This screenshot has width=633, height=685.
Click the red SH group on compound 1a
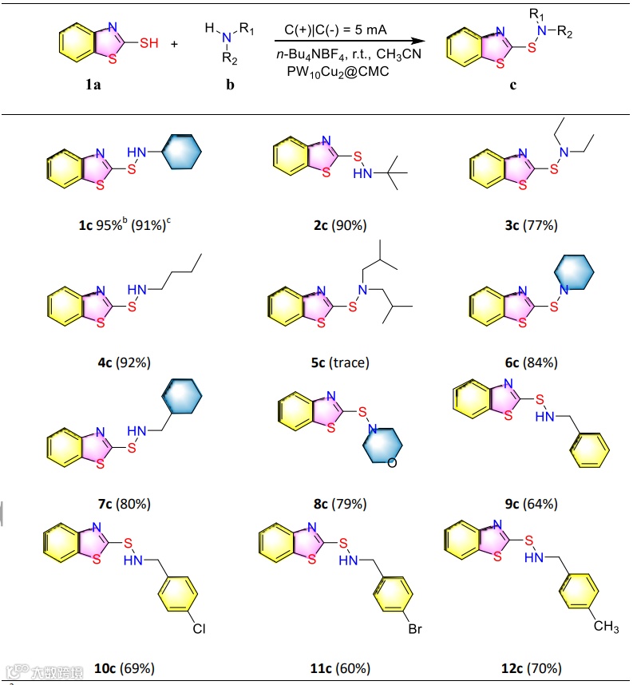coord(149,43)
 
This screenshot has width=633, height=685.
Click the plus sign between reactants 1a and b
coord(174,44)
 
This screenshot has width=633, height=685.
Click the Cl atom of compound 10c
coord(199,630)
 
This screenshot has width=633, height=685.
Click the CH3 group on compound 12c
coord(606,627)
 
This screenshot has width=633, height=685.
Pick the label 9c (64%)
coord(530,504)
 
